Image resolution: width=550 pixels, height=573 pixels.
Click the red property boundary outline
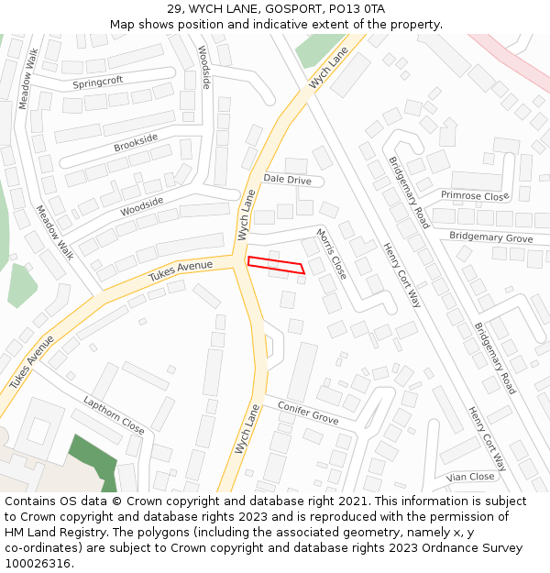[275, 264]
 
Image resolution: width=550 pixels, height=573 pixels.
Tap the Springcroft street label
[97, 82]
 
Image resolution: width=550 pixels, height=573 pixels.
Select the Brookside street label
[136, 142]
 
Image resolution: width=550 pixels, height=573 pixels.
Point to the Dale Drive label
[287, 180]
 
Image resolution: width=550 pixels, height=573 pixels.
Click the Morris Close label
[332, 254]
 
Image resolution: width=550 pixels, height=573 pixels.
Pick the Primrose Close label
[474, 195]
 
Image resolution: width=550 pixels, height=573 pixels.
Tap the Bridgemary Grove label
[490, 237]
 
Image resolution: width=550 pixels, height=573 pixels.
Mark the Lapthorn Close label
[114, 415]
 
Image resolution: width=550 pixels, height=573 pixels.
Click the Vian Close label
[470, 477]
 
